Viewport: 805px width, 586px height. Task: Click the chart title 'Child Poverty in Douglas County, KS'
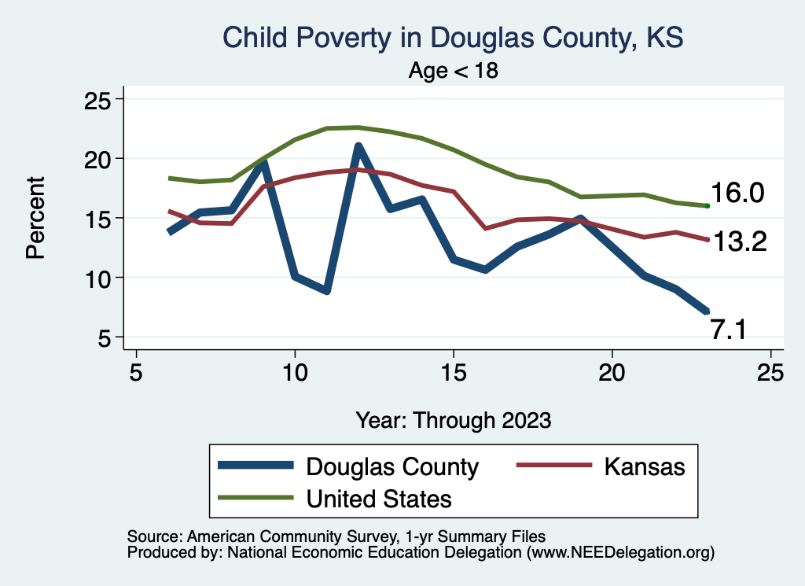[x=454, y=38]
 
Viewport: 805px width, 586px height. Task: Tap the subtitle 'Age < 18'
[x=454, y=71]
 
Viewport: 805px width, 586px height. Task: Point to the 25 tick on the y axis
[x=98, y=100]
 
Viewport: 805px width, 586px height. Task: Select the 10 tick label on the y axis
[x=98, y=278]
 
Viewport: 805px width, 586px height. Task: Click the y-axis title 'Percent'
[x=35, y=217]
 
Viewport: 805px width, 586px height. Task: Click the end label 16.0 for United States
[x=737, y=193]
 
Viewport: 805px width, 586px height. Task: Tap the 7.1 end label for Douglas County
[x=729, y=330]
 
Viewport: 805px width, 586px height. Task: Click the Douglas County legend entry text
[x=392, y=467]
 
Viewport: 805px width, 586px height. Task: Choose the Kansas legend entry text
[x=645, y=466]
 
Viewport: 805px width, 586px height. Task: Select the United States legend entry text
[x=379, y=499]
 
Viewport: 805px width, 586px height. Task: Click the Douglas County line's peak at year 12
[x=358, y=146]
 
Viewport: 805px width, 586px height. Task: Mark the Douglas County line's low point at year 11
[x=326, y=291]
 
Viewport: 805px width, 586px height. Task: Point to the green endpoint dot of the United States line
[x=708, y=206]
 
